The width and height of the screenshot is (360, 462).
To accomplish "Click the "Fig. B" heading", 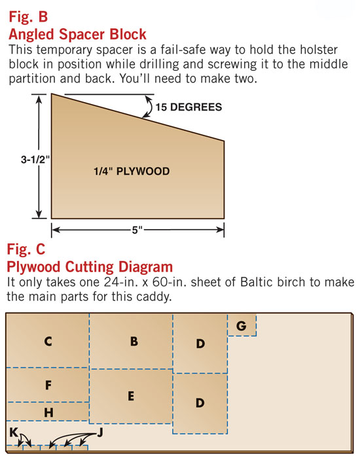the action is coord(28,17).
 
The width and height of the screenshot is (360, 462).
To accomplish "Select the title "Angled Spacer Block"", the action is coord(77,35).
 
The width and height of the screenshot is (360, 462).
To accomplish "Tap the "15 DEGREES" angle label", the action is coord(189,107).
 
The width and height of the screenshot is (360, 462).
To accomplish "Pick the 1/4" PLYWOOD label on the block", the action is coord(132,171).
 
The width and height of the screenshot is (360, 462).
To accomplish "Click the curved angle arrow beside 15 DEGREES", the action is coord(148,106).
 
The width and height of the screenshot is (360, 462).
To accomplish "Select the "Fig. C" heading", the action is coord(26,249).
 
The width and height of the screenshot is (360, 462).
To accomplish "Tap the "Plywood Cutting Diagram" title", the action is coord(90,267).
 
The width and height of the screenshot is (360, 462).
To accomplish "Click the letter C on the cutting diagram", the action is coord(48,341).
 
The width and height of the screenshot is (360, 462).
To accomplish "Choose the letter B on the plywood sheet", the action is coord(134,341).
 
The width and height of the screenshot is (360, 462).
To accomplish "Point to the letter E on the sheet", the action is coord(131,396).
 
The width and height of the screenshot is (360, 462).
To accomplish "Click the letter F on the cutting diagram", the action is coord(48,385).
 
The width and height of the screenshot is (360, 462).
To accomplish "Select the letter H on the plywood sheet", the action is coord(48,412).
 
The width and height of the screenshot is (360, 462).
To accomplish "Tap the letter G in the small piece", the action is coord(242,326).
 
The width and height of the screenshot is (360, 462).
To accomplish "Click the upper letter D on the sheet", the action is coord(200,344).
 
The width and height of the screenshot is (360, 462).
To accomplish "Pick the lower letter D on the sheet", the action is coord(200,402).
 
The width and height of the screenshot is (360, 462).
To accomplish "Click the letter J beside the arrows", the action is coord(100,433).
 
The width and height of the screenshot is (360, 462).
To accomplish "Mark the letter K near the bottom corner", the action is coord(14,433).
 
